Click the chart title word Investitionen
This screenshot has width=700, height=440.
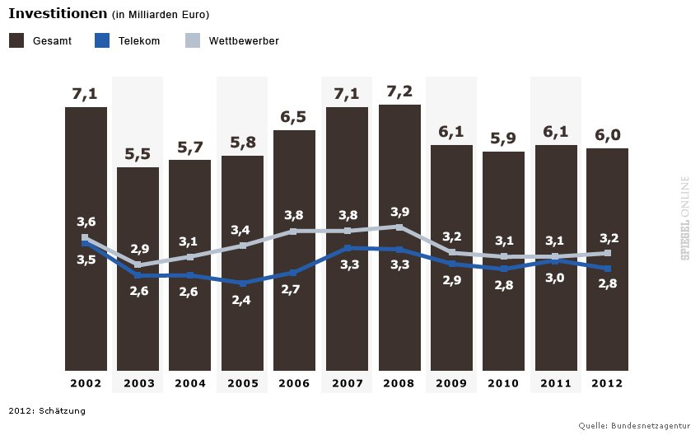[x=58, y=14]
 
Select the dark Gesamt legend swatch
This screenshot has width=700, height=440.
[x=16, y=40]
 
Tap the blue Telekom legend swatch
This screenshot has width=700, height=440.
[x=102, y=40]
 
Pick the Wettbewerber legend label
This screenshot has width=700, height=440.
[x=244, y=40]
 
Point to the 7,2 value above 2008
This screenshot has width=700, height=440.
[x=399, y=91]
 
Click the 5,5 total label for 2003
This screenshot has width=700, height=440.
[x=138, y=153]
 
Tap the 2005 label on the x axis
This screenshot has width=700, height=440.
[x=242, y=383]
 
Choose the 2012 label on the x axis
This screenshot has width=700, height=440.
[x=607, y=383]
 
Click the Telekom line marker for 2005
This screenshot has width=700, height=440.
[x=242, y=283]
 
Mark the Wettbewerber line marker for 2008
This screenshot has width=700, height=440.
[x=399, y=227]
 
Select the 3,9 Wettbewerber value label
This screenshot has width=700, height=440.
[x=399, y=211]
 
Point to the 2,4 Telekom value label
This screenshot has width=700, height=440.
[x=242, y=300]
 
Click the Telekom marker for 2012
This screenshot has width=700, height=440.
[x=607, y=269]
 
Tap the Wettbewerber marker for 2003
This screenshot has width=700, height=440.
[x=138, y=264]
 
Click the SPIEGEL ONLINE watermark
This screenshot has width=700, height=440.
[x=684, y=218]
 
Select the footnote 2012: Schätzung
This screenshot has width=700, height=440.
[x=47, y=410]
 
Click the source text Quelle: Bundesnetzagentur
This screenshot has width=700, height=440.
[x=634, y=425]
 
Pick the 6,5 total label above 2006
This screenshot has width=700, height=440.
[x=294, y=117]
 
